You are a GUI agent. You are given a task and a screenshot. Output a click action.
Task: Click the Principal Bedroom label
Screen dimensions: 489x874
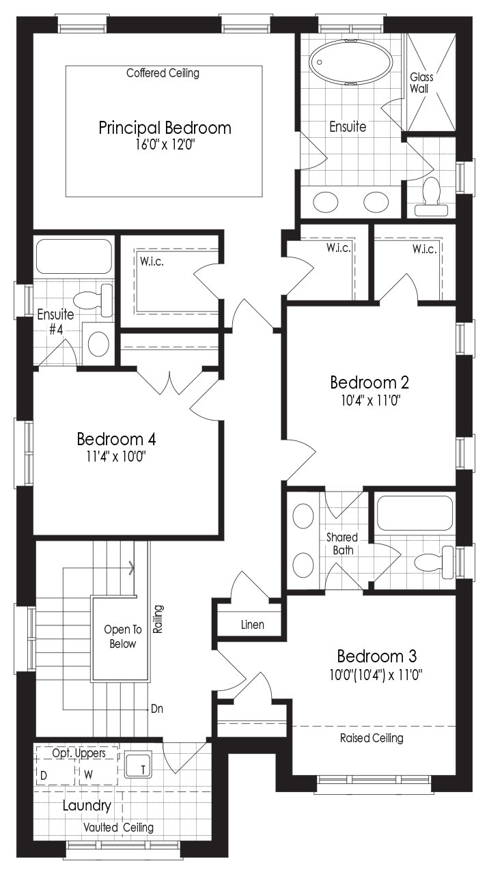[x=165, y=128]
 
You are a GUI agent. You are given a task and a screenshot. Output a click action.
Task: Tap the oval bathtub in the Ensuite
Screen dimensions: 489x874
[x=351, y=62]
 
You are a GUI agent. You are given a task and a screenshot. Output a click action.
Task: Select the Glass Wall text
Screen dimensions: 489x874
[x=421, y=83]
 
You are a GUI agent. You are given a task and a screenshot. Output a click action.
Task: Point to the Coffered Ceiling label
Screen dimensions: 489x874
[x=163, y=73]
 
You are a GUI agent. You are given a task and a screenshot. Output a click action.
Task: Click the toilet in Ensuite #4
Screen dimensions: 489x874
[x=93, y=300]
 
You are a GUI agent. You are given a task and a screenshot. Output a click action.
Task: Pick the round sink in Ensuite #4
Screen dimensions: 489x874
[x=98, y=343]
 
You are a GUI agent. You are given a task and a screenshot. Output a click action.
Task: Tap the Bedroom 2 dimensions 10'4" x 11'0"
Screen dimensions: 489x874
[x=371, y=400]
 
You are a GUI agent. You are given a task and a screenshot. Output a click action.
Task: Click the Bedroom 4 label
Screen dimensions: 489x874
[x=116, y=439]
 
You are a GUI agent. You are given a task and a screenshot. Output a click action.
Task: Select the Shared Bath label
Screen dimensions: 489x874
[x=342, y=544]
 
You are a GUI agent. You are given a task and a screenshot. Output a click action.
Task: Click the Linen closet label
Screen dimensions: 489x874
[x=253, y=625]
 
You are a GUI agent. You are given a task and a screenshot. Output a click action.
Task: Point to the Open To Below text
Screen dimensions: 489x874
[x=122, y=636]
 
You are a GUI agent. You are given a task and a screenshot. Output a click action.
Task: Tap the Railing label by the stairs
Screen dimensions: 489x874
[x=158, y=619]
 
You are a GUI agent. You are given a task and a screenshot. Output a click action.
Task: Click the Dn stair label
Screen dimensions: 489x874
[x=157, y=709]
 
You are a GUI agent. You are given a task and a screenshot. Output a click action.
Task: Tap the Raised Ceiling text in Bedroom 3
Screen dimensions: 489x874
[x=372, y=738]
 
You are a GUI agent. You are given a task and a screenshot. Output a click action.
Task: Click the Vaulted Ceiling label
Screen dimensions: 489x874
[x=119, y=827]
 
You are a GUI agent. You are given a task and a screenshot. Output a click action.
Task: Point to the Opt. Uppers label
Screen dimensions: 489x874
[x=79, y=753]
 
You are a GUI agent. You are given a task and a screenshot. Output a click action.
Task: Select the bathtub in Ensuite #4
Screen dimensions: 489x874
[x=74, y=256]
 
